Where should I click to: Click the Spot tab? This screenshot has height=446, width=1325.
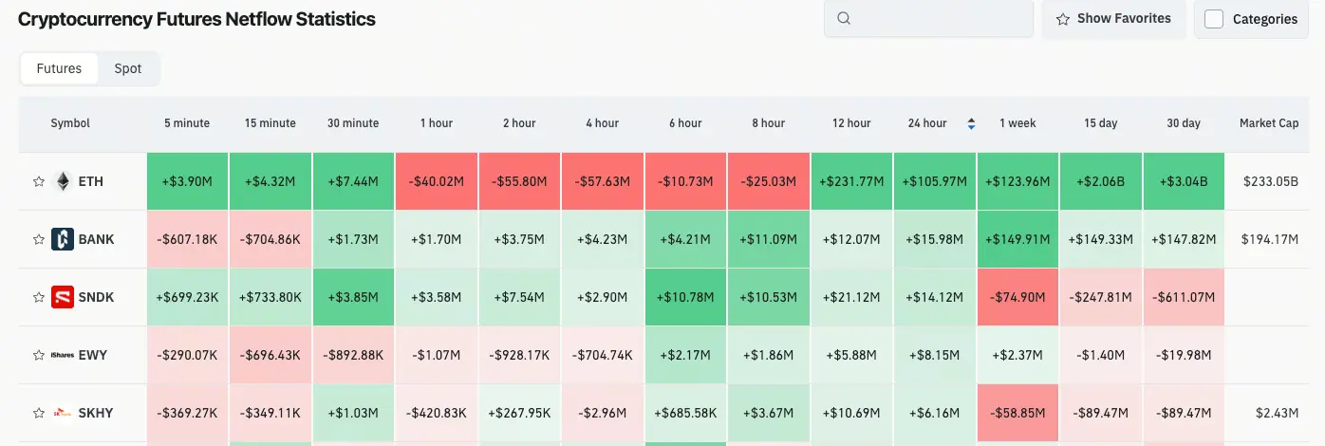tap(128, 68)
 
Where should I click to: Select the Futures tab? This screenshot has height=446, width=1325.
tap(59, 68)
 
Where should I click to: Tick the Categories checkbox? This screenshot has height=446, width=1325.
tap(1214, 19)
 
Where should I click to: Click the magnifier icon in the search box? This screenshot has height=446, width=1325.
tap(844, 18)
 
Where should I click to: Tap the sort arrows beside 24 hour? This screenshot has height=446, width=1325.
tap(971, 123)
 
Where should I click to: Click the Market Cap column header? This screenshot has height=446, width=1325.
tap(1269, 123)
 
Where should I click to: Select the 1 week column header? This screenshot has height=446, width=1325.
tap(1017, 123)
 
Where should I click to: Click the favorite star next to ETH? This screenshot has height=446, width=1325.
tap(39, 181)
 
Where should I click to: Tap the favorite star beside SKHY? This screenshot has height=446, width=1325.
tap(39, 413)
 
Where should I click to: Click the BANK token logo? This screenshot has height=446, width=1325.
tap(63, 239)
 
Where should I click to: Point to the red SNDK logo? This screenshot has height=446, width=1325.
tap(63, 297)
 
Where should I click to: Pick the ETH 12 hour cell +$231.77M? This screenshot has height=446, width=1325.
tap(851, 181)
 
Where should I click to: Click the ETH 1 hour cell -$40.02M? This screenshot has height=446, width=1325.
tap(437, 181)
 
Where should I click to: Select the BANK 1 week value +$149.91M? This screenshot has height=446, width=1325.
tap(1017, 239)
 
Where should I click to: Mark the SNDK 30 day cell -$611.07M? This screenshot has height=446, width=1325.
tap(1184, 297)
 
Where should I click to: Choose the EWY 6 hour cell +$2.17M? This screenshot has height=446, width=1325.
tap(685, 355)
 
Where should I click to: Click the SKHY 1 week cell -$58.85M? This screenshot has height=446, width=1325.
tap(1017, 413)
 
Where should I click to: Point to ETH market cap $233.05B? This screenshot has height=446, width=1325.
tap(1271, 181)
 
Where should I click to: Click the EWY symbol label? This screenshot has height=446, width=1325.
tap(93, 355)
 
